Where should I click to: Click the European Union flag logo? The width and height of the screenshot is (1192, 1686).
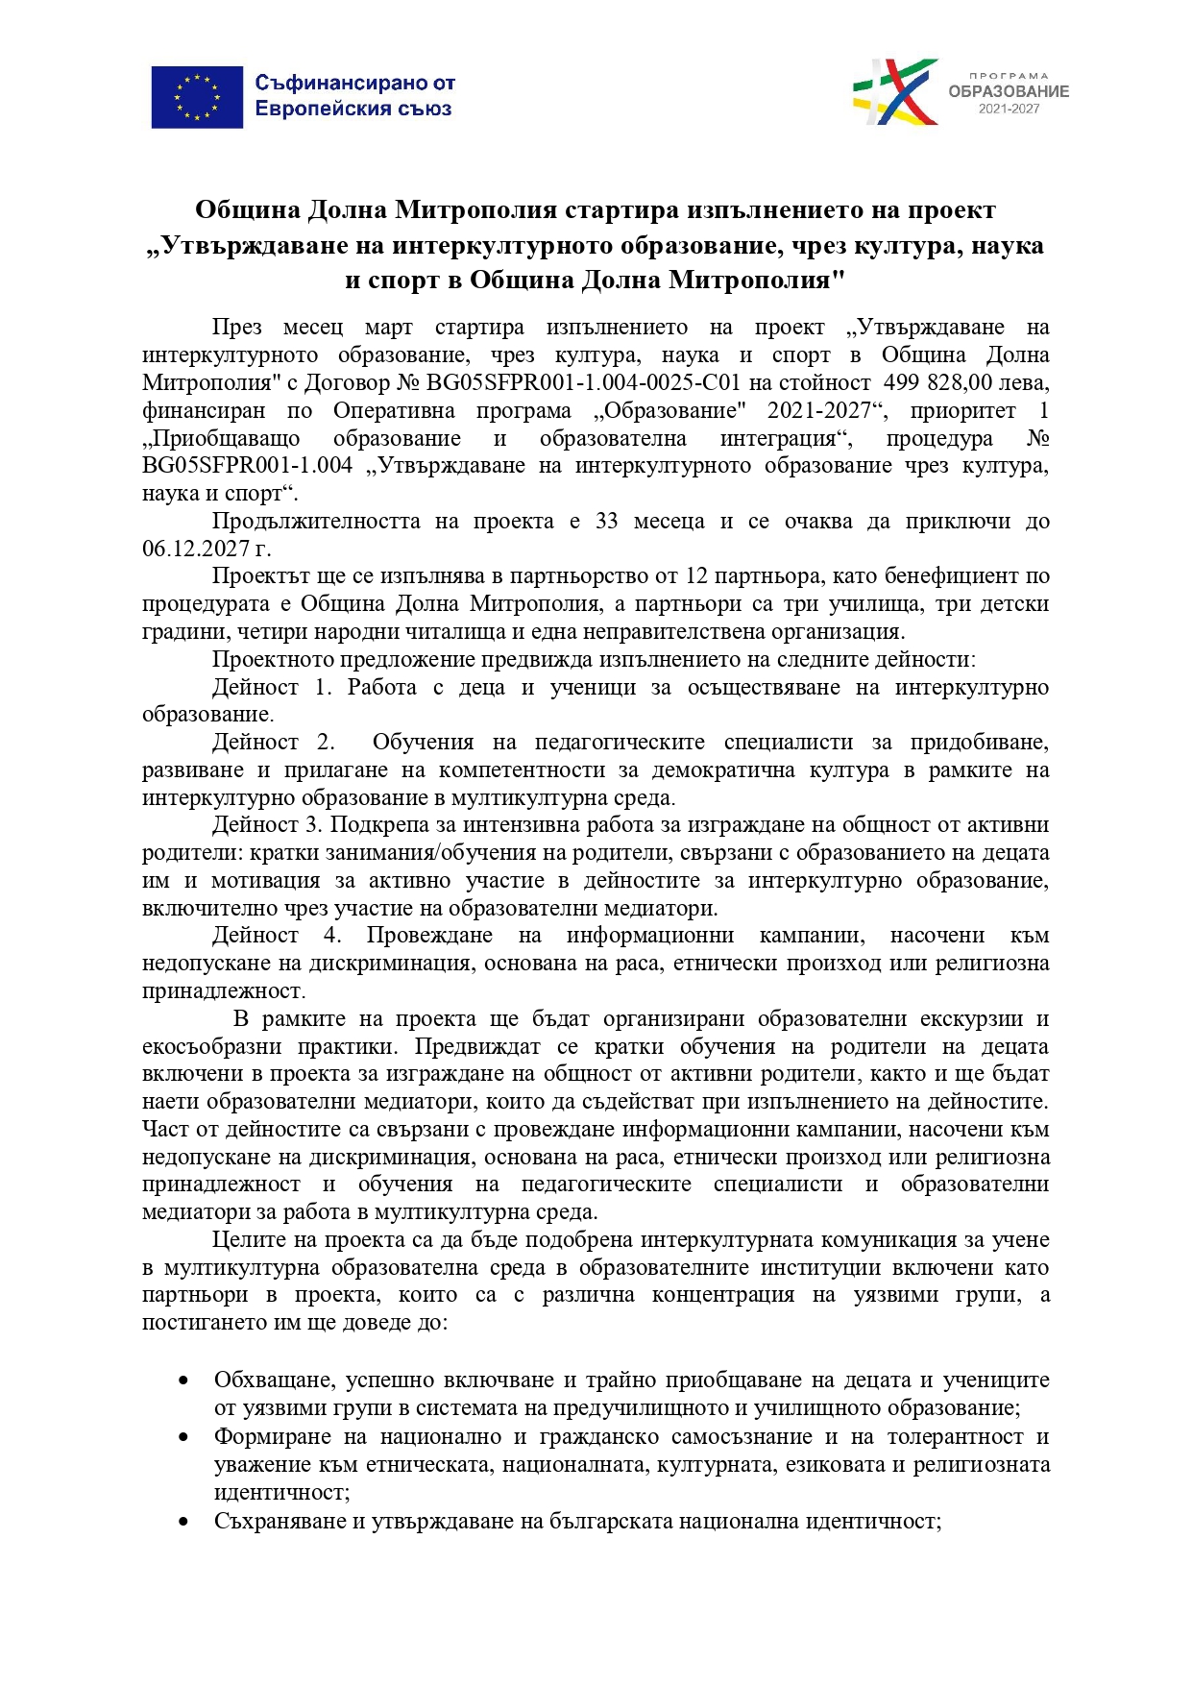(197, 97)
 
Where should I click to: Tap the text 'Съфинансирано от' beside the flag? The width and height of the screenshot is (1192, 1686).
(354, 84)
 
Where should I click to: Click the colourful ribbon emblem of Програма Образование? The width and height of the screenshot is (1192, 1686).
(895, 92)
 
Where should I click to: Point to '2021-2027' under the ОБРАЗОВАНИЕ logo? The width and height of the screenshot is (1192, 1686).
(1009, 110)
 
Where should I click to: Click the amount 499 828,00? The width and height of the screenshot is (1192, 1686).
(937, 382)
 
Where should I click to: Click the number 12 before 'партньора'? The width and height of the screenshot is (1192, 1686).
(697, 576)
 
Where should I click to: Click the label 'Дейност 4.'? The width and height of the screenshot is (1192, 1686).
(276, 935)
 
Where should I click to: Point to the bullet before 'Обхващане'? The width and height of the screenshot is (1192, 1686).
(182, 1381)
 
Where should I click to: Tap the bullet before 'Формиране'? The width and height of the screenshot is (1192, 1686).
(182, 1437)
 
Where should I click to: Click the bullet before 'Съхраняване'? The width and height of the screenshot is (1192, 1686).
(182, 1522)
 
